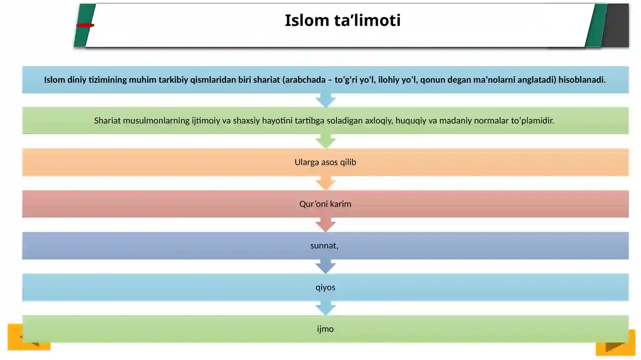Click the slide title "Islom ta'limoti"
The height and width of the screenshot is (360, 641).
[x=343, y=20]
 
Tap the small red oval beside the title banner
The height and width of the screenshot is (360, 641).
[x=85, y=25]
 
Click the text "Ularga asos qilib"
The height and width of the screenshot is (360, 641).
[x=325, y=162]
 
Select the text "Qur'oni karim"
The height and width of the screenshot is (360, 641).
[x=325, y=204]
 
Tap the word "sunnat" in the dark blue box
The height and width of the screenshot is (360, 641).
[x=323, y=245]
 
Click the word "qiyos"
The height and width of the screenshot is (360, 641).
[x=325, y=288]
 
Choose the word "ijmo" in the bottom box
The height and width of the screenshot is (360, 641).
[x=325, y=329]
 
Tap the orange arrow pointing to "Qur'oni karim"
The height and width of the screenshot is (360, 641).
[x=326, y=183]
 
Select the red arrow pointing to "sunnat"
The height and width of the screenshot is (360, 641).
[x=326, y=225]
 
